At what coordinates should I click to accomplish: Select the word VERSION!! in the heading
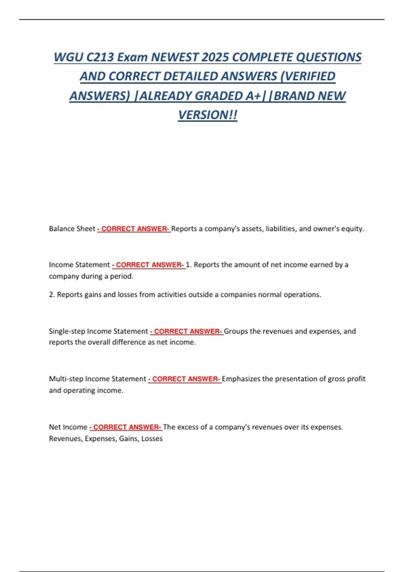pyautogui.click(x=208, y=115)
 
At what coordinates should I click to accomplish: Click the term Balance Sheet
pyautogui.click(x=72, y=229)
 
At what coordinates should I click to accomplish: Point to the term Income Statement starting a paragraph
pyautogui.click(x=79, y=265)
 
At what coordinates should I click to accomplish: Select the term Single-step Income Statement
pyautogui.click(x=98, y=331)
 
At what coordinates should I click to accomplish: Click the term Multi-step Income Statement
pyautogui.click(x=98, y=379)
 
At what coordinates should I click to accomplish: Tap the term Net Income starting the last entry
pyautogui.click(x=68, y=427)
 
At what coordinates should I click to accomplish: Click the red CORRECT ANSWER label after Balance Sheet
pyautogui.click(x=134, y=229)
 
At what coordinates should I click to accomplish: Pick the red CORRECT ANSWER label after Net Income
pyautogui.click(x=126, y=427)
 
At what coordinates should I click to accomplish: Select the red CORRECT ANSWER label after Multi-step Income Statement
pyautogui.click(x=185, y=379)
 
